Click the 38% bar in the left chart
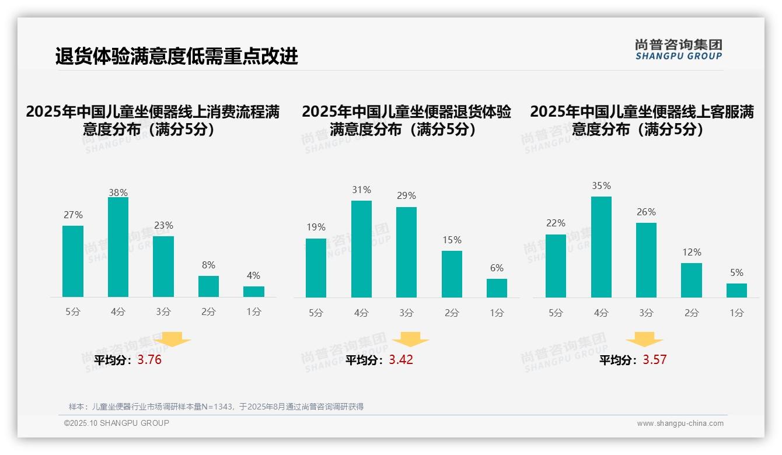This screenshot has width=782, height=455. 118,247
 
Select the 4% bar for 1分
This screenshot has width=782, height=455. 254,292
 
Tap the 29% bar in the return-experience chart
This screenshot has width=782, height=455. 406,252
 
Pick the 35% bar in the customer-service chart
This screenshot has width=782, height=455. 601,247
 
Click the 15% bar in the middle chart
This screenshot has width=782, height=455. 452,274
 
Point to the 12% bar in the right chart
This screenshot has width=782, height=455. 692,280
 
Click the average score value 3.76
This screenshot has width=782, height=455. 149,360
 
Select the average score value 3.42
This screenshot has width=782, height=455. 401,360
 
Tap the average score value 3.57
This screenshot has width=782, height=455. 654,360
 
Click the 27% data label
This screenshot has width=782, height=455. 73,215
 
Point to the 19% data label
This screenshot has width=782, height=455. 316,228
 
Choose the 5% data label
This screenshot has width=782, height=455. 736,273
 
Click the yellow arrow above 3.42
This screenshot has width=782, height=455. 410,339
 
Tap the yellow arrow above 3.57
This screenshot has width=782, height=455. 644,339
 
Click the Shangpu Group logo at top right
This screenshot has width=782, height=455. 679,50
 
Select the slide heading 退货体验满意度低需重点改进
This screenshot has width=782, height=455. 176,57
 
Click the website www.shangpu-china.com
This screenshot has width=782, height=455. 680,423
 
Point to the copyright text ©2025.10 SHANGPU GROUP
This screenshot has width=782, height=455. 117,423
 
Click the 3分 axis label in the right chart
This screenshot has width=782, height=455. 646,313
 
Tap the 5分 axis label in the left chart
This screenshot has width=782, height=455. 73,312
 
